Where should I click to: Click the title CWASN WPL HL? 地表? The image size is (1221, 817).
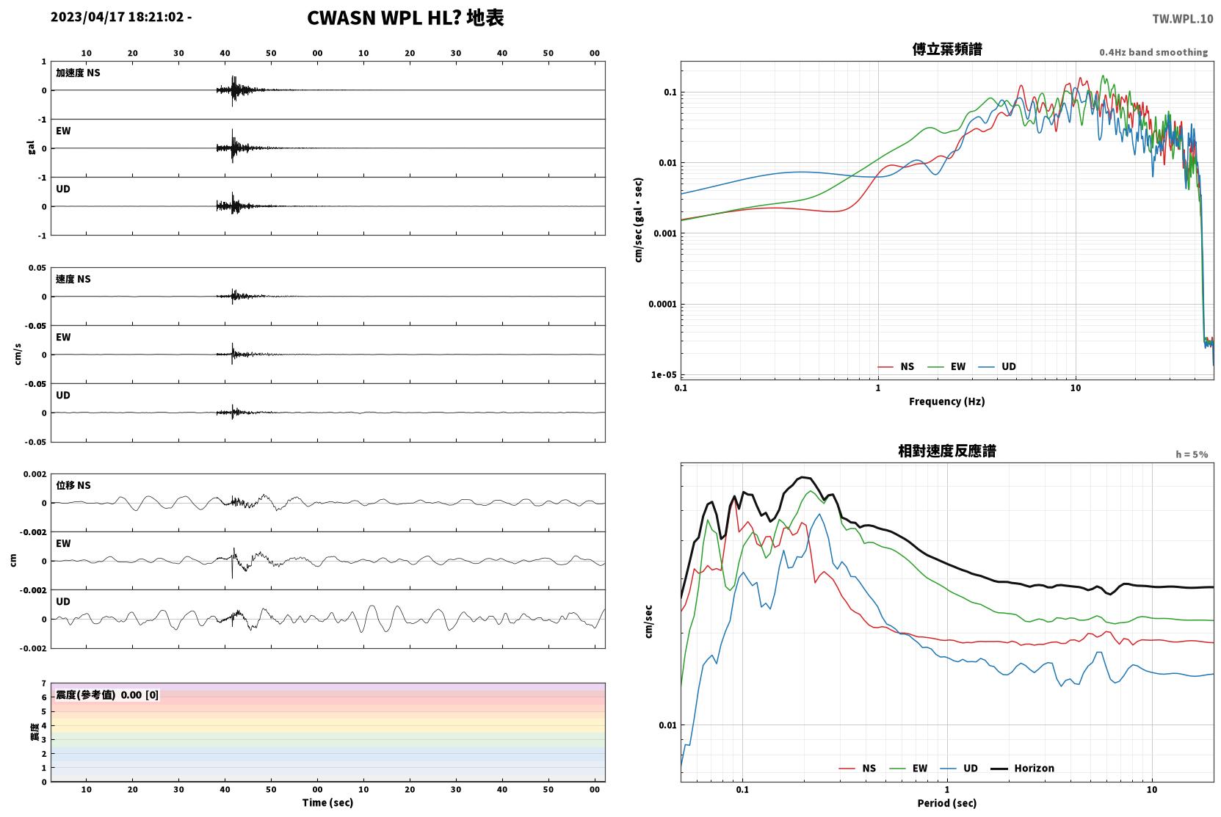(x=405, y=18)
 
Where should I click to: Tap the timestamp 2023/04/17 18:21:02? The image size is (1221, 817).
(x=117, y=17)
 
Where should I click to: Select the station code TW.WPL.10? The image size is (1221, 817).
(x=1182, y=18)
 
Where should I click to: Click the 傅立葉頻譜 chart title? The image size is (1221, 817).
(x=947, y=49)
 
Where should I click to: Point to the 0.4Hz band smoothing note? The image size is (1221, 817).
(x=1153, y=52)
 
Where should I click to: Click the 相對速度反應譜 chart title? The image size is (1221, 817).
(x=947, y=451)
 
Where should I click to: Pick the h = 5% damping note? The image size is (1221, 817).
(x=1192, y=454)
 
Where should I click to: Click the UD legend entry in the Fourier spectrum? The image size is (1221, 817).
(x=998, y=366)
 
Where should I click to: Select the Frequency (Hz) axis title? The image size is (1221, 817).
(x=947, y=402)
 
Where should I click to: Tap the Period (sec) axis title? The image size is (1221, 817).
(x=947, y=803)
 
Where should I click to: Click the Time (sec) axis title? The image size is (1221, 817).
(x=327, y=802)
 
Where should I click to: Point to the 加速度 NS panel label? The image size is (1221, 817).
(x=78, y=73)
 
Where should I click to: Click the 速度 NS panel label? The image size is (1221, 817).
(x=73, y=279)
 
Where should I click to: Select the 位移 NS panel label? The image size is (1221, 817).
(x=73, y=485)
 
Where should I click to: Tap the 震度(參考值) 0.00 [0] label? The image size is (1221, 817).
(x=107, y=695)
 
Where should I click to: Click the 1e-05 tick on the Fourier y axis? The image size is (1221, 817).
(x=664, y=374)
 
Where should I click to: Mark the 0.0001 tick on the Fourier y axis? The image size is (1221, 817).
(x=662, y=304)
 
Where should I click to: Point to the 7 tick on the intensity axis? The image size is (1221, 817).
(x=44, y=683)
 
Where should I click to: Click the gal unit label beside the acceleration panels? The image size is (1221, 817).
(x=31, y=148)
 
